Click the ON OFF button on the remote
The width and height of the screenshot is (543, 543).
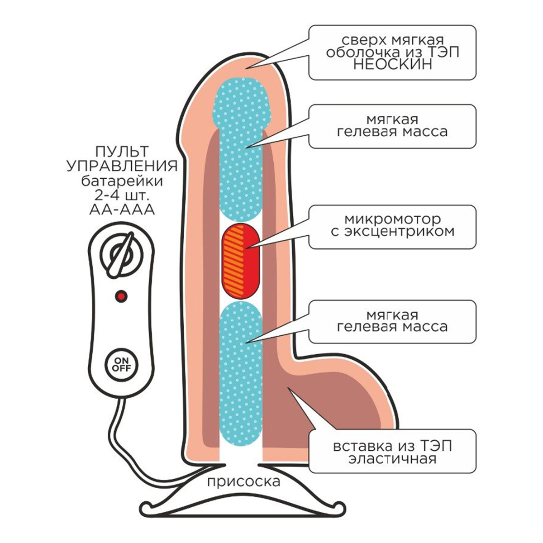click(x=121, y=364)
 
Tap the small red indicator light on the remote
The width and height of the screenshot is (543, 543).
click(x=121, y=296)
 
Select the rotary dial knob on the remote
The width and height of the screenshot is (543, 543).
click(x=121, y=257)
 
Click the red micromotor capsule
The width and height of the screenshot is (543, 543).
click(x=240, y=260)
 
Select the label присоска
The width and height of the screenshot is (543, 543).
click(x=243, y=481)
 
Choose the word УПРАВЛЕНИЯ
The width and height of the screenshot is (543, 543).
click(x=123, y=166)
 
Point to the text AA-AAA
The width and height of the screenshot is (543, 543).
click(x=123, y=211)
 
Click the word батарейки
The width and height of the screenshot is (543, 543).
click(x=123, y=181)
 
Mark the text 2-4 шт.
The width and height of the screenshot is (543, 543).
click(x=123, y=196)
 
